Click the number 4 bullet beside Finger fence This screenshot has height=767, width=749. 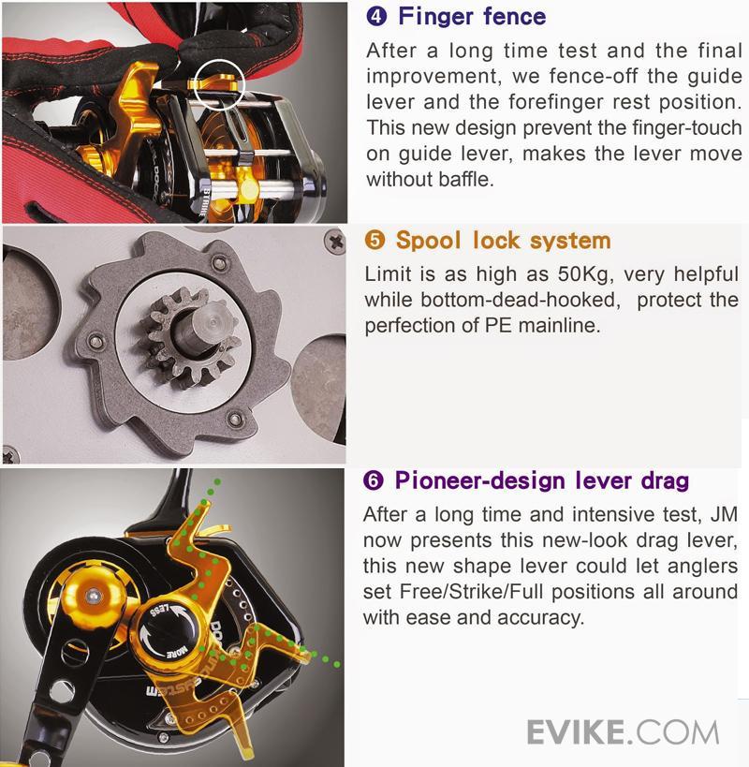tap(376, 16)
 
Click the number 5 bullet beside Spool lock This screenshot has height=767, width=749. tap(375, 240)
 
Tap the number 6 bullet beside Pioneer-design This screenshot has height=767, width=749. tap(374, 480)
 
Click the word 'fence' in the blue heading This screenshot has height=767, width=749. tap(514, 16)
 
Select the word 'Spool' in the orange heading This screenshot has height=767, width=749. tap(428, 241)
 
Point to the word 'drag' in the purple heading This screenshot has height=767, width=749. tap(665, 481)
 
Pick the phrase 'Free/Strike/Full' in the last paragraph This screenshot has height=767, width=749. tap(471, 591)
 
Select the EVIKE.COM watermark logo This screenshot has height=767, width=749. tap(623, 732)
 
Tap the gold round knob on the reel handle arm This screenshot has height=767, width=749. tap(92, 597)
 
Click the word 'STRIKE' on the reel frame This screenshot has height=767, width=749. tap(203, 202)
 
